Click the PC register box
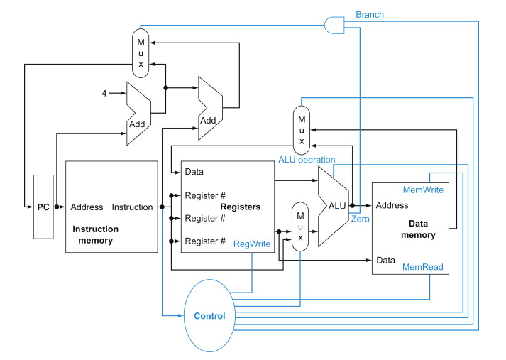tap(43, 207)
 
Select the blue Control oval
tap(209, 315)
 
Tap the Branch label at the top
tap(370, 14)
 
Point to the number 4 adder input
tap(103, 93)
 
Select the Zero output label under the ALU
tap(360, 219)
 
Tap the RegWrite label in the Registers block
tap(252, 244)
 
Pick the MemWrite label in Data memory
tap(424, 190)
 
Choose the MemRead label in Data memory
tap(423, 267)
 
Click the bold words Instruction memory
tap(96, 235)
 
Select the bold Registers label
tap(240, 207)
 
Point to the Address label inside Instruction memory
tap(87, 207)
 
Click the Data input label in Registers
tap(194, 172)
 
